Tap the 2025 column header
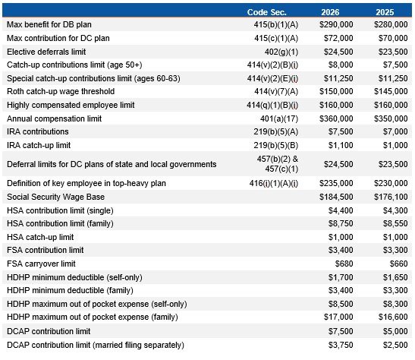click(386, 12)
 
